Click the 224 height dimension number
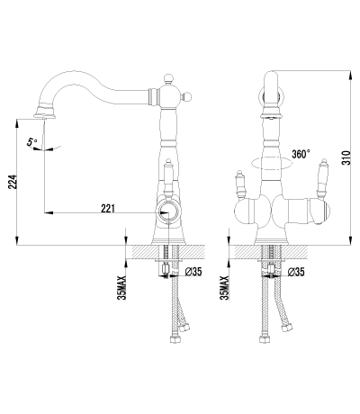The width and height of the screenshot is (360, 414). click(10, 183)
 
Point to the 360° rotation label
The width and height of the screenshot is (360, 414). click(300, 154)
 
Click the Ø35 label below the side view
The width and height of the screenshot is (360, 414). click(192, 270)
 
